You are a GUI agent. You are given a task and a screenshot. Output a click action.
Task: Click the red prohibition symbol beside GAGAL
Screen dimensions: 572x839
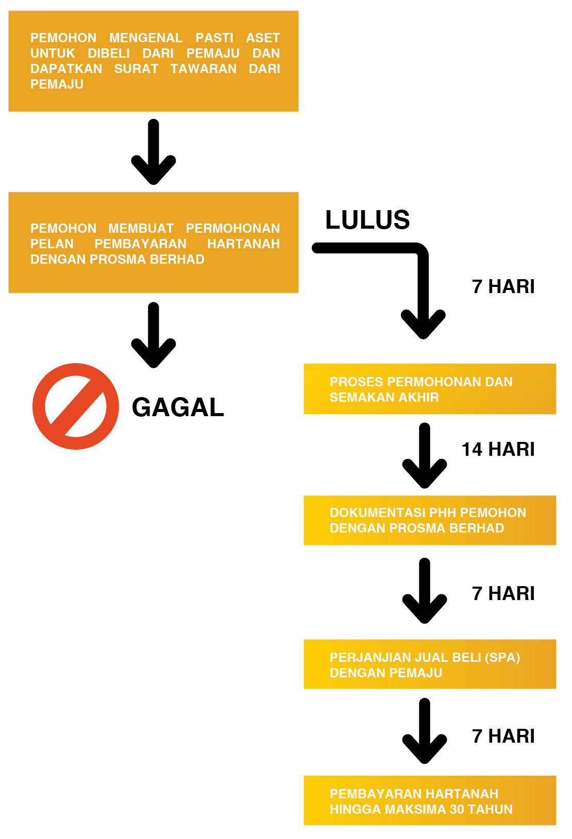[75, 406]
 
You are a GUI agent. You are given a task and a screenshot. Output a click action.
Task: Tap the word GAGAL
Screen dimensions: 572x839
[178, 407]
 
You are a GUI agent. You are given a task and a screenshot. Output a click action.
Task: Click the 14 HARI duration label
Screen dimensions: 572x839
[498, 449]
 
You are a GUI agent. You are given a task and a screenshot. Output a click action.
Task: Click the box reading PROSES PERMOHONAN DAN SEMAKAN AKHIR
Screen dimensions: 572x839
[430, 389]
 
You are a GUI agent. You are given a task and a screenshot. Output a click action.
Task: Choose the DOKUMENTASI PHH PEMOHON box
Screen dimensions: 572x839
[430, 520]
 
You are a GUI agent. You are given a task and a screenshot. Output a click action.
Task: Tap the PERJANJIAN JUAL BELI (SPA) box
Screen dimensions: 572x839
[430, 664]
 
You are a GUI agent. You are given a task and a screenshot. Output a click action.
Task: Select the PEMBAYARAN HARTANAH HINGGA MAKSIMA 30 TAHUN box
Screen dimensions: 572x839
[430, 800]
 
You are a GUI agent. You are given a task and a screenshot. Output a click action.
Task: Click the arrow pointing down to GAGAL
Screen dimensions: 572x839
[154, 335]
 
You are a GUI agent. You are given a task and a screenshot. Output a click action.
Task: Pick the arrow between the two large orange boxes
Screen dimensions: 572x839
[154, 152]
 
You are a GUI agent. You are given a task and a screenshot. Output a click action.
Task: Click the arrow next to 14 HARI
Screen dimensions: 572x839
[424, 455]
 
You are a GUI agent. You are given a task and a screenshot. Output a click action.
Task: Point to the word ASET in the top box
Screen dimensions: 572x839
[263, 38]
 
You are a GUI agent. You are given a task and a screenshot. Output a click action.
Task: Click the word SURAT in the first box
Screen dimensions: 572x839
[137, 69]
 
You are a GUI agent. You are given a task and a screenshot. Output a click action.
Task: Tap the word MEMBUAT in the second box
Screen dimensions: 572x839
[141, 228]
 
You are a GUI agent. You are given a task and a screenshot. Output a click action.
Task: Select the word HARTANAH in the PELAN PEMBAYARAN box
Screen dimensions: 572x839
[243, 244]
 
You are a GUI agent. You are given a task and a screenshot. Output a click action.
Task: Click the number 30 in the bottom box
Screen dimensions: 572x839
[457, 810]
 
